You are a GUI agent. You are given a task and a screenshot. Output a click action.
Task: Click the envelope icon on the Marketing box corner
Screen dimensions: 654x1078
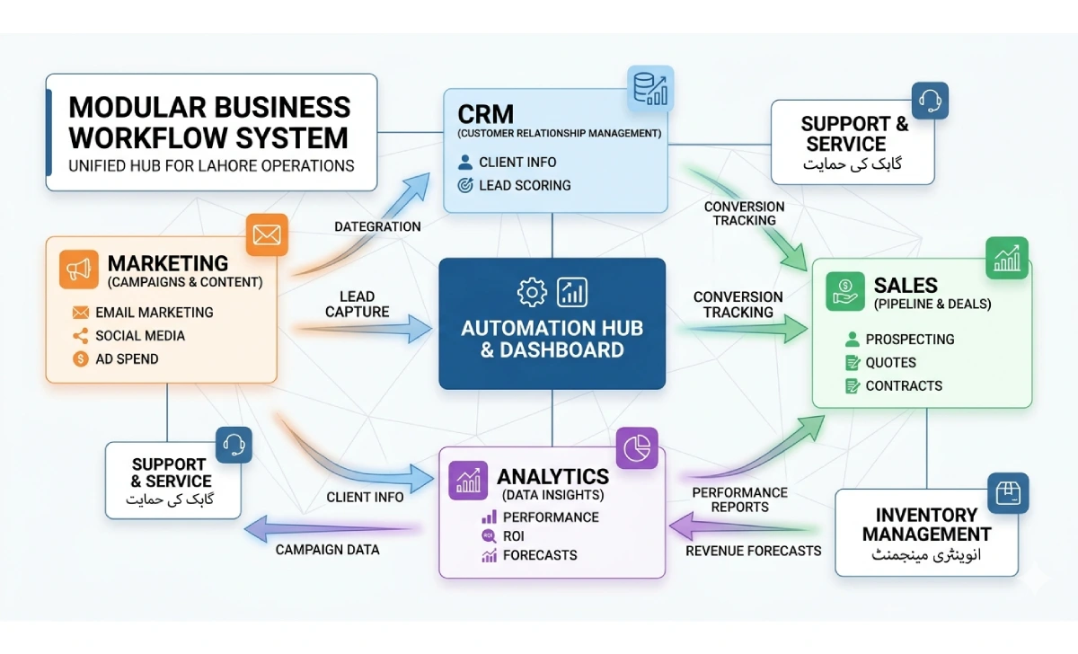[x=266, y=235]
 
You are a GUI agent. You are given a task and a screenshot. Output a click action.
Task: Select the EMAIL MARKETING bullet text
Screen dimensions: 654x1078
[x=154, y=313]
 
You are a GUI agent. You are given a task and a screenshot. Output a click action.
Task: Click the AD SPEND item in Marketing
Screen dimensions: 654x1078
[x=127, y=359]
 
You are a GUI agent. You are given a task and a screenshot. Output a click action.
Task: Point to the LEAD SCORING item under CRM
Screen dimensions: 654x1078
[x=525, y=186]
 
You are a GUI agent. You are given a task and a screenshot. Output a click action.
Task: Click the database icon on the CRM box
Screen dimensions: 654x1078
[x=649, y=88]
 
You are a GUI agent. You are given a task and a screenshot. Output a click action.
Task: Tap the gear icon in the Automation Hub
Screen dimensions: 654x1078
[x=532, y=292]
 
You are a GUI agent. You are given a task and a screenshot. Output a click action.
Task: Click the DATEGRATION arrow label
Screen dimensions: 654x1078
[x=377, y=227]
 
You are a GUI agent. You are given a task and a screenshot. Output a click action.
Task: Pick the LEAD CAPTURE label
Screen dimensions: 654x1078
[x=358, y=305]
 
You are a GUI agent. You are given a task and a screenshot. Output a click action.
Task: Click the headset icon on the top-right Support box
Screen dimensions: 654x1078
[x=929, y=102]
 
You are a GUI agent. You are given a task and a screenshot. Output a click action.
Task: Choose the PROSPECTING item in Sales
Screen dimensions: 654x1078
[x=909, y=340]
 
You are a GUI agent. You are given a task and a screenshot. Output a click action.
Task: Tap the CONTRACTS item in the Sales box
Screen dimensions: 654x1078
[x=904, y=386]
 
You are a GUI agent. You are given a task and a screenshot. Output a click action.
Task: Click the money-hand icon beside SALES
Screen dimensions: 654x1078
[x=845, y=291]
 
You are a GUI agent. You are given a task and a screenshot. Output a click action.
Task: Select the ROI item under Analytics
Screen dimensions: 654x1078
[x=514, y=536]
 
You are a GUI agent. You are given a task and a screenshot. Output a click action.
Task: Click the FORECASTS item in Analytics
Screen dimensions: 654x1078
[x=540, y=555]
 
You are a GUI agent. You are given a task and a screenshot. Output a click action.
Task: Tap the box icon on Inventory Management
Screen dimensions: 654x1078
[x=1008, y=493]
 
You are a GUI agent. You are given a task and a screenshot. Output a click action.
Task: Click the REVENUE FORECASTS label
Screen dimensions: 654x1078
[x=753, y=551]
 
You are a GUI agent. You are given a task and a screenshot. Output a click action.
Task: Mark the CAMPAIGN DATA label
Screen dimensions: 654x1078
[x=327, y=550]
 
